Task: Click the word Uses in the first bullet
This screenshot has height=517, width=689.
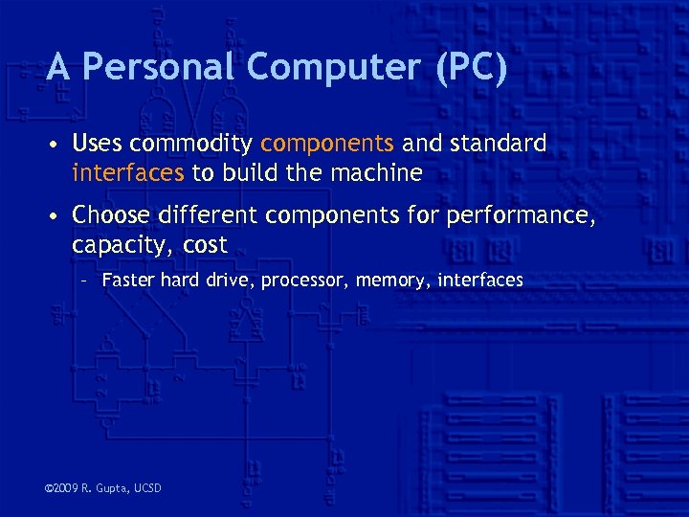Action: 96,144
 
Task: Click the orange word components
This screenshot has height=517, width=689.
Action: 327,145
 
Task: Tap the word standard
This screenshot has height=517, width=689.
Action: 496,144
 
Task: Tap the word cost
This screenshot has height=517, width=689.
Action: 205,245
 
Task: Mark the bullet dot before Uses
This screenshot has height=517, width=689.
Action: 56,145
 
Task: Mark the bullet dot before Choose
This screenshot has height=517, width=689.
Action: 56,216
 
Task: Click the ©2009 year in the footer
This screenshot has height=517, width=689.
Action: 63,489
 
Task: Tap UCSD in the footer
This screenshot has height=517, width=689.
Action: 146,489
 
